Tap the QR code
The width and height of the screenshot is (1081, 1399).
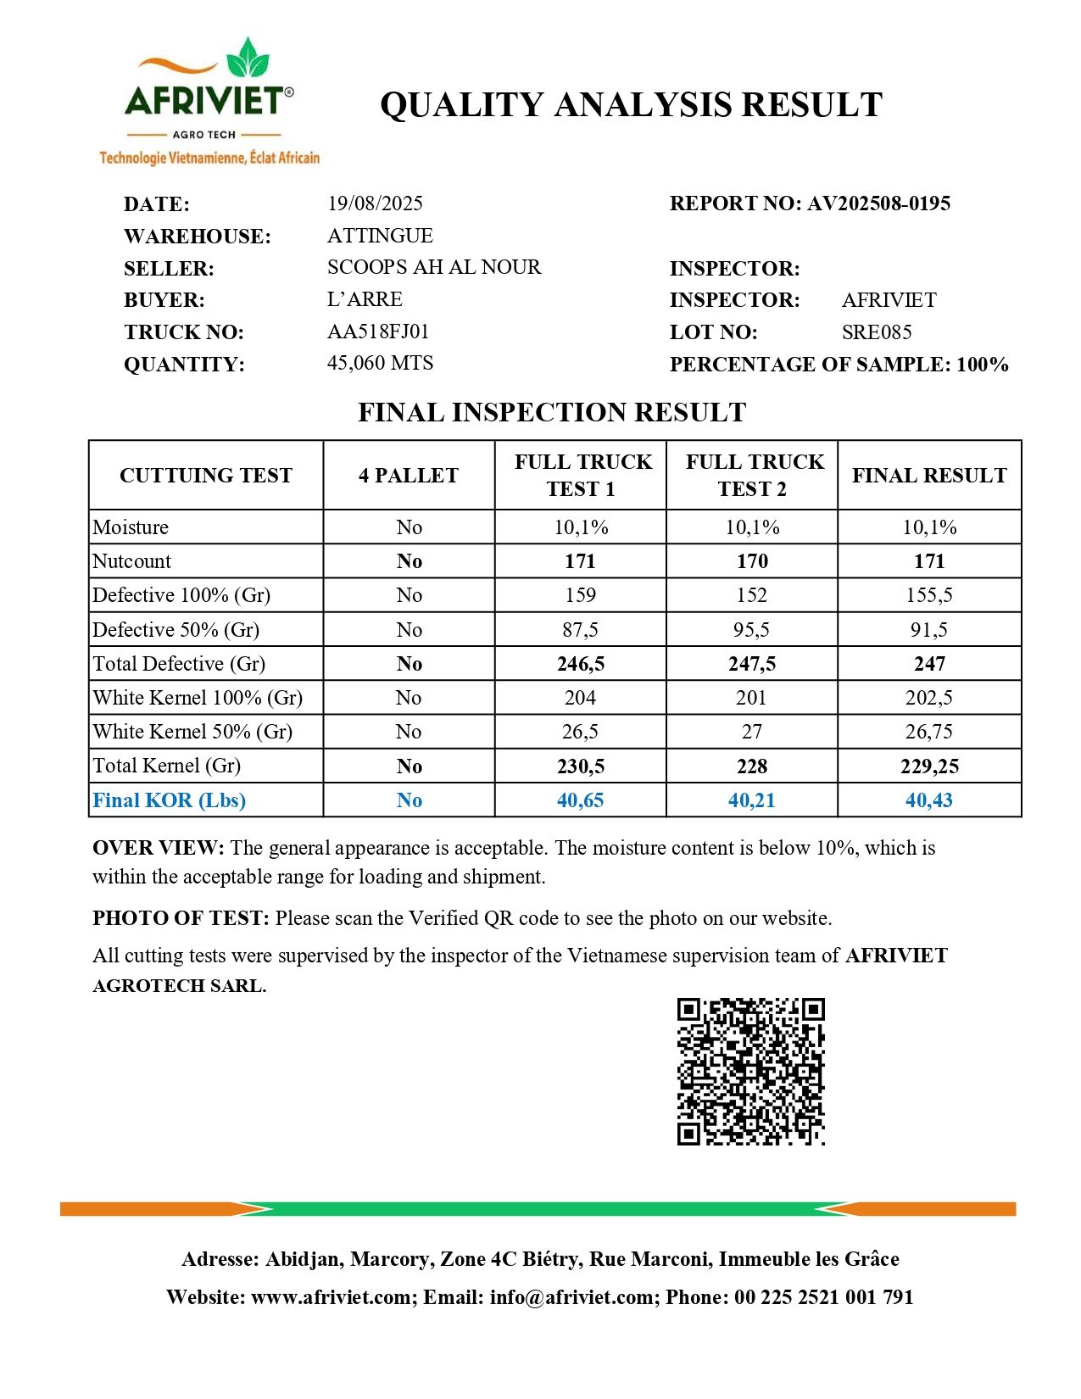pyautogui.click(x=750, y=1072)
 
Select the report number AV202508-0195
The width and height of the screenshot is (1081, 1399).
pyautogui.click(x=878, y=203)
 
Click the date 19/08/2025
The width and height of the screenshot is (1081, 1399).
pyautogui.click(x=375, y=203)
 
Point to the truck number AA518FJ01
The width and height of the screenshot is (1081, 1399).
pyautogui.click(x=378, y=332)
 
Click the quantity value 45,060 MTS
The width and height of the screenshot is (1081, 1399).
pyautogui.click(x=380, y=363)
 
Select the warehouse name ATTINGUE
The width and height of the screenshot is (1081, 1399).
pyautogui.click(x=380, y=236)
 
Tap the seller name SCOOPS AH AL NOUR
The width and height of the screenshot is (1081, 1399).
pyautogui.click(x=434, y=267)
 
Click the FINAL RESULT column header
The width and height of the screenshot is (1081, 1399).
pyautogui.click(x=929, y=476)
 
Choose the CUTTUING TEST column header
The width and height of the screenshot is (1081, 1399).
pyautogui.click(x=206, y=476)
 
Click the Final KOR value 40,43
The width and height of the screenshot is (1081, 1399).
pyautogui.click(x=929, y=800)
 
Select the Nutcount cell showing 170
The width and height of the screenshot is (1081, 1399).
pyautogui.click(x=752, y=561)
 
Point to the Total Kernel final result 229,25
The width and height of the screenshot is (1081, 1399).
pyautogui.click(x=929, y=766)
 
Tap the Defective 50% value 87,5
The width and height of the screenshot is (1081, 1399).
pyautogui.click(x=580, y=630)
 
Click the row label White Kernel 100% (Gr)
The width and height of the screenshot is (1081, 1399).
pyautogui.click(x=198, y=698)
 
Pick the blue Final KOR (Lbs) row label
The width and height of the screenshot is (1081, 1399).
pyautogui.click(x=169, y=800)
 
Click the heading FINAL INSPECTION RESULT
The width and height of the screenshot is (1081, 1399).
pyautogui.click(x=552, y=413)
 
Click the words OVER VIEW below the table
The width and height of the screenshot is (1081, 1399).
pyautogui.click(x=158, y=848)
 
